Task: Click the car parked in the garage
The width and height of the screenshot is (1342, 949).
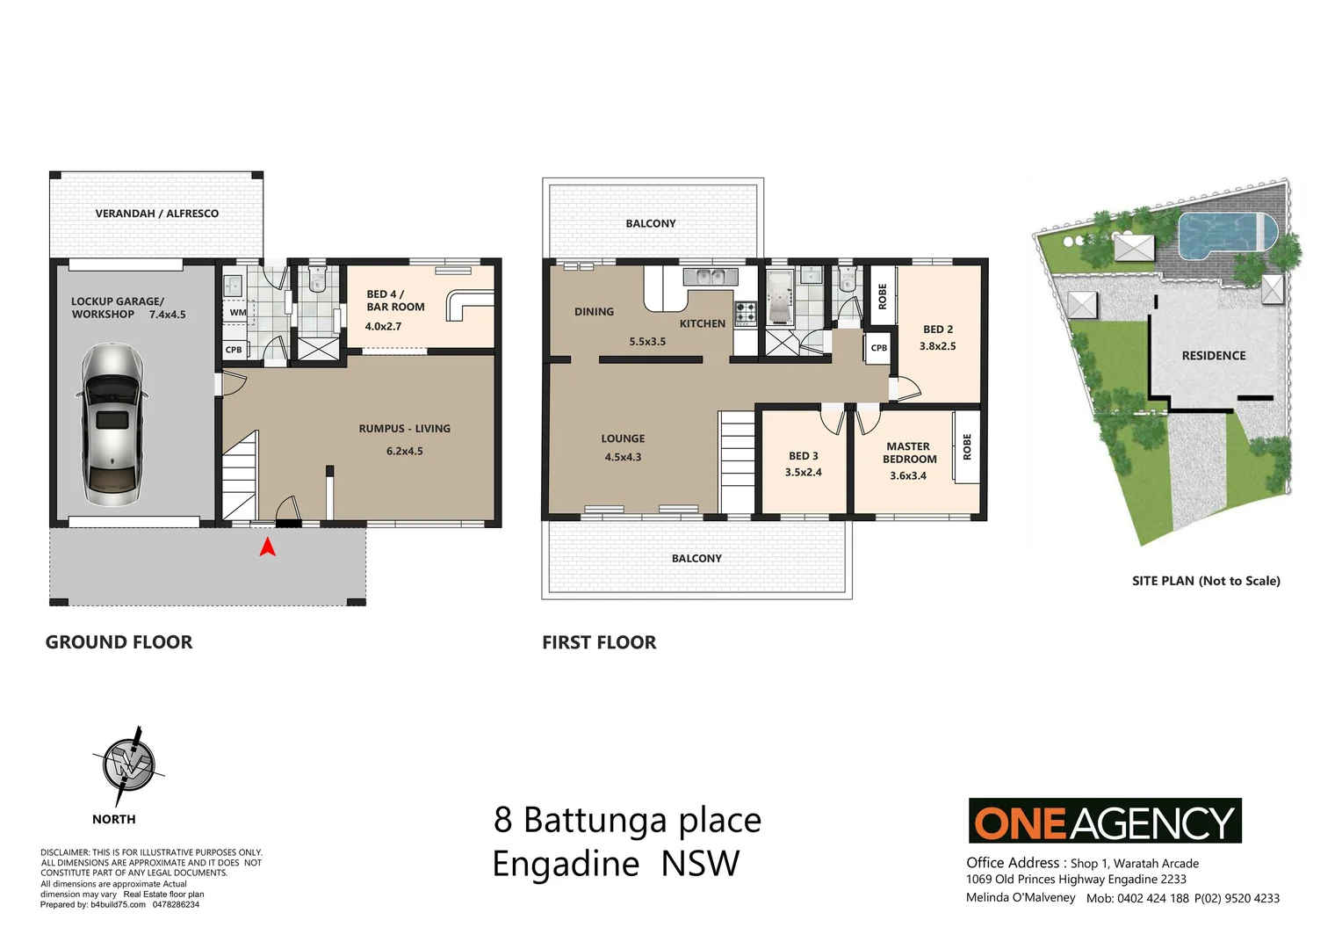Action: coord(113,424)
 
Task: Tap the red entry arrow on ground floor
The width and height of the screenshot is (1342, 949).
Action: coord(268,547)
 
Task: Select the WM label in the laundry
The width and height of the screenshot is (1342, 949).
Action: coord(238,312)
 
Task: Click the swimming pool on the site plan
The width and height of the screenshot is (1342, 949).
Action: coord(1226,234)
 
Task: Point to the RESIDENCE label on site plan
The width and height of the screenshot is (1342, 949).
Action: coord(1213,356)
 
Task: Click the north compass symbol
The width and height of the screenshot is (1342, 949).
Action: coord(128,763)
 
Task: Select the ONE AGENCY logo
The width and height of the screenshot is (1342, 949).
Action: coord(1104,821)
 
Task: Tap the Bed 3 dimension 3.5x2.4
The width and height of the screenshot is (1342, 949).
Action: coord(803,473)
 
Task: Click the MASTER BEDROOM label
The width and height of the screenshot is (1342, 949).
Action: coord(909,453)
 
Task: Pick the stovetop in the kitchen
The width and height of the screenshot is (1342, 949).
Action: coord(745,312)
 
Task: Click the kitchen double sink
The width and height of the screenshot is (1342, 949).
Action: coord(710,277)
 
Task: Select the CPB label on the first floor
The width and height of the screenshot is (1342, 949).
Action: coord(878,348)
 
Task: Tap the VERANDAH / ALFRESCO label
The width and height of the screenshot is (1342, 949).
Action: coord(156,214)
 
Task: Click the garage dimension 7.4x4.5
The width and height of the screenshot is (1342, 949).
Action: coord(167,315)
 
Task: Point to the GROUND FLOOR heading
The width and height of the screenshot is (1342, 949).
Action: coord(119,642)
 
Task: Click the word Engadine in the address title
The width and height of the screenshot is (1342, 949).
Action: coord(566,864)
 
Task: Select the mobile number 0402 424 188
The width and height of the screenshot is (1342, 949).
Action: coord(1152,898)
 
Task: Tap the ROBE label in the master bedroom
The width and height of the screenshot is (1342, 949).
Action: coord(967,446)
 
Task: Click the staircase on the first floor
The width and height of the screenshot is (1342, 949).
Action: coord(738,463)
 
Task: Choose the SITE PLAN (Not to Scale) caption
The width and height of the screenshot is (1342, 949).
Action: coord(1205,581)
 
